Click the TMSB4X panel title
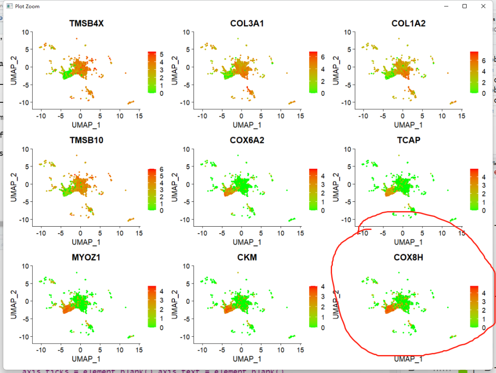pyautogui.click(x=86, y=23)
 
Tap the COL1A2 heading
pyautogui.click(x=408, y=23)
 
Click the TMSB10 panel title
pyautogui.click(x=86, y=140)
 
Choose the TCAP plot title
pyautogui.click(x=408, y=140)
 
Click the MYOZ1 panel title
pyautogui.click(x=86, y=257)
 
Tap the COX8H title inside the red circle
pyautogui.click(x=408, y=257)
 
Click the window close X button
pyautogui.click(x=483, y=6)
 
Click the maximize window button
pyautogui.click(x=464, y=6)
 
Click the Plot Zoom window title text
pyautogui.click(x=27, y=6)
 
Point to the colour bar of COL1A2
pyautogui.click(x=474, y=72)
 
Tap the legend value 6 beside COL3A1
pyautogui.click(x=322, y=57)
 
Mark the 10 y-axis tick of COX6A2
pyautogui.click(x=186, y=149)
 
